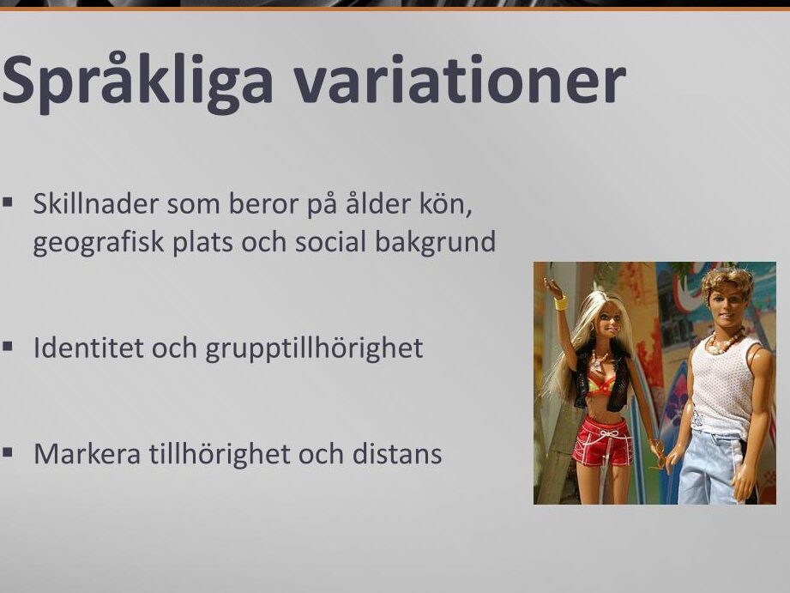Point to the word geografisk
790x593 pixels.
(99, 243)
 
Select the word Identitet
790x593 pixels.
(88, 348)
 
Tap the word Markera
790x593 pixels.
(87, 454)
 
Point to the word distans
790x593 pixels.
(397, 454)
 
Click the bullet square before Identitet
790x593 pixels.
(7, 347)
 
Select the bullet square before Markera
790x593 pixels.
(7, 452)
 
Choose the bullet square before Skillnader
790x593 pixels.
(7, 203)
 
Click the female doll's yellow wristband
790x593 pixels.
(560, 304)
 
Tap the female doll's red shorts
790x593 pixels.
(602, 441)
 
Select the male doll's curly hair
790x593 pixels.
(727, 281)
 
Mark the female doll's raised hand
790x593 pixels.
(552, 287)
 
